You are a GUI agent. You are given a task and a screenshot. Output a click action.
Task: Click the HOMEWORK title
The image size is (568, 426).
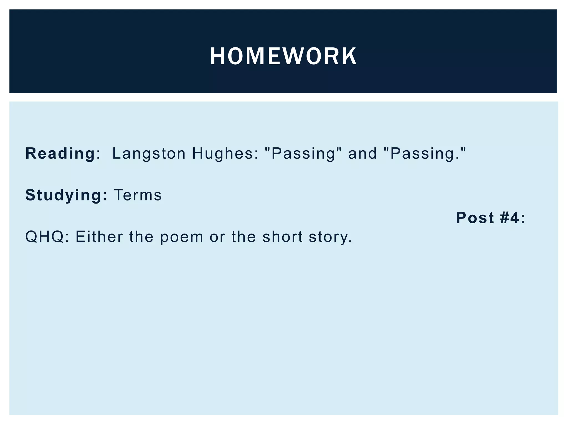(283, 56)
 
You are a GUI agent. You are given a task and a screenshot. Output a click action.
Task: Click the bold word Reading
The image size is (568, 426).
(60, 153)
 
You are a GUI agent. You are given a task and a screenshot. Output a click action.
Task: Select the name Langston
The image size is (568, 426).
(149, 153)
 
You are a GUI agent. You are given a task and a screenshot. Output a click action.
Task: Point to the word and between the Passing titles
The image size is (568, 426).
(362, 153)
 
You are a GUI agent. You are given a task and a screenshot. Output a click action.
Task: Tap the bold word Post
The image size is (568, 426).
(475, 217)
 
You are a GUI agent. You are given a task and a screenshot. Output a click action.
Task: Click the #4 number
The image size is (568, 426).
(509, 217)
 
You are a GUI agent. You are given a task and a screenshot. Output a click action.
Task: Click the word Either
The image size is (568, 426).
(99, 237)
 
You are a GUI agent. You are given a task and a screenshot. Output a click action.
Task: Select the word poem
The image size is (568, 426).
(182, 237)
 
